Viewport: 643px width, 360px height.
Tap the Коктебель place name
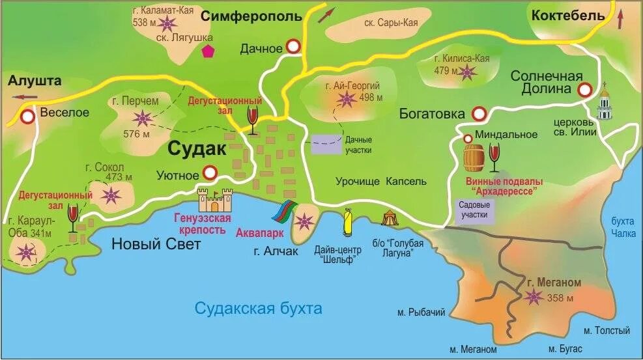[x=568, y=16]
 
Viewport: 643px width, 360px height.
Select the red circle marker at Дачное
[x=293, y=46]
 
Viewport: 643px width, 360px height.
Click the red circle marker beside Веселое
[x=28, y=117]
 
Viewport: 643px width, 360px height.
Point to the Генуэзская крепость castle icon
[x=216, y=199]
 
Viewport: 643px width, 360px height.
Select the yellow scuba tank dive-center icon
[x=348, y=221]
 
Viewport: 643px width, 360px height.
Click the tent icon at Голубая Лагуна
[x=390, y=217]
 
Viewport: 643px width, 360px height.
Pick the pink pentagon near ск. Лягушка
[x=208, y=51]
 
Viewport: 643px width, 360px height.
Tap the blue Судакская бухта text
[x=259, y=308]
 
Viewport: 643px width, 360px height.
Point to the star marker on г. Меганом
[x=535, y=297]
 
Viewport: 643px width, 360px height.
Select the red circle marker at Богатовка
[x=479, y=113]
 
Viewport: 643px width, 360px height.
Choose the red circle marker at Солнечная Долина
[x=584, y=89]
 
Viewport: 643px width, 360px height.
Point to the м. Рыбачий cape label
[x=421, y=312]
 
